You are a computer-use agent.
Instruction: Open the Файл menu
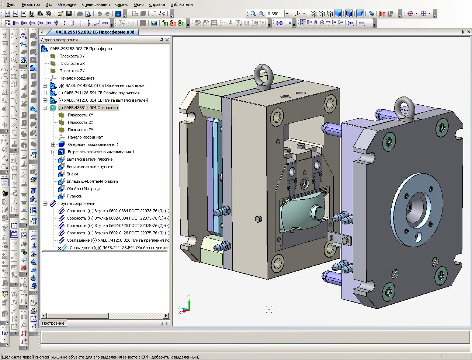11,4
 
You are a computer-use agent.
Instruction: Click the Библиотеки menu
181,4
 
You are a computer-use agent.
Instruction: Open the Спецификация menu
96,4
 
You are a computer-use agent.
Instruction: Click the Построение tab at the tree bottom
53,323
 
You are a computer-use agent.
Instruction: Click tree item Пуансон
74,196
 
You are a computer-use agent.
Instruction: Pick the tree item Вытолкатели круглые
90,167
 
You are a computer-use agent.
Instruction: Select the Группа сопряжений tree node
77,203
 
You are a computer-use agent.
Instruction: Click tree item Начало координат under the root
77,78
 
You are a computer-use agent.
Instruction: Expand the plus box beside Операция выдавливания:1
53,144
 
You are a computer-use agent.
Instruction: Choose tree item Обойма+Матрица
83,189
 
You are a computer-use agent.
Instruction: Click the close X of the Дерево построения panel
167,40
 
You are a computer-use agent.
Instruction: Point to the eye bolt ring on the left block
263,74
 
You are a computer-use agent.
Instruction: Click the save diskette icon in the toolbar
69,14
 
